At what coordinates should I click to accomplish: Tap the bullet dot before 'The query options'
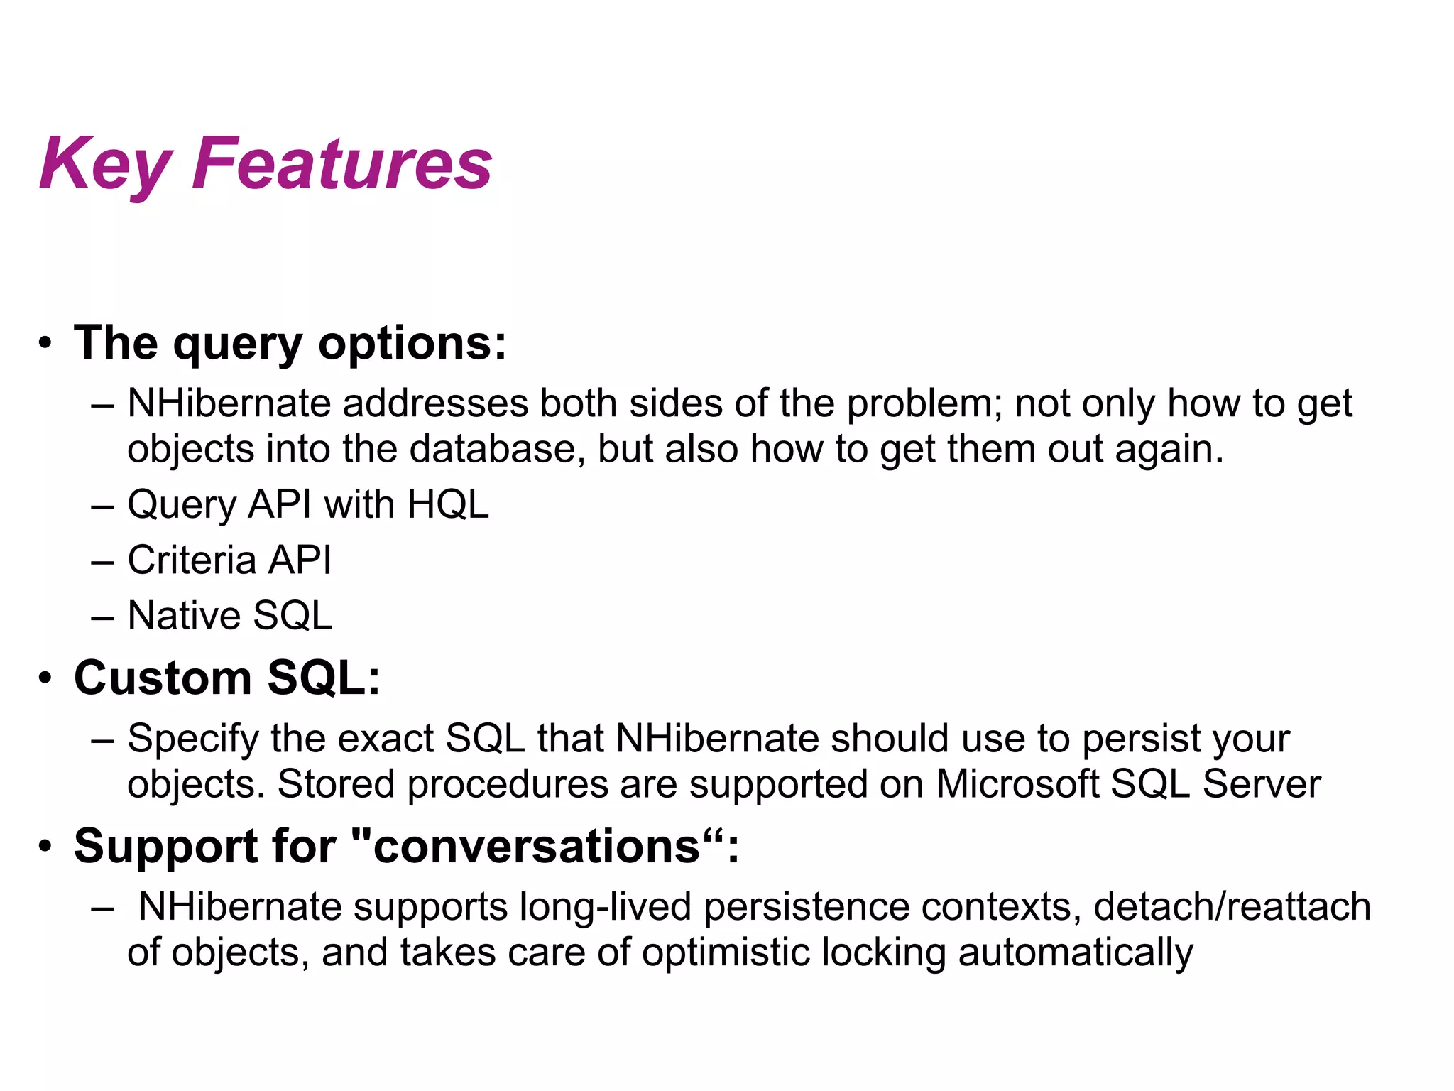[45, 344]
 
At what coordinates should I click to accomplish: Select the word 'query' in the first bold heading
[238, 345]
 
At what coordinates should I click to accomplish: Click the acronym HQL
[448, 505]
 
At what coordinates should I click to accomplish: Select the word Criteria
[191, 560]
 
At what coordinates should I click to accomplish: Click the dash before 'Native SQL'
[103, 617]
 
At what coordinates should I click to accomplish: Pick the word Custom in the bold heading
[163, 678]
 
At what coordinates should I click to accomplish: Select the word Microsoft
[1017, 785]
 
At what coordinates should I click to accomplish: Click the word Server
[1261, 785]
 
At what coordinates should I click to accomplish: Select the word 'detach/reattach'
[1232, 908]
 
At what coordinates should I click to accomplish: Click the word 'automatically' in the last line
[1075, 953]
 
